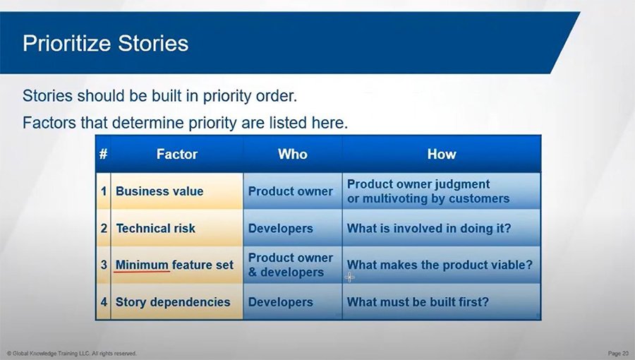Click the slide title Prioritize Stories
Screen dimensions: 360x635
click(x=106, y=44)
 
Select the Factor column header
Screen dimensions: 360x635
click(x=176, y=154)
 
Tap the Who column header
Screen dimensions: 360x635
click(x=292, y=154)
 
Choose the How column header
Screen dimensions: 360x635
click(x=442, y=154)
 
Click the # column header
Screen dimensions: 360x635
click(x=103, y=154)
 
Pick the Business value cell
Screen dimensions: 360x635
click(x=159, y=191)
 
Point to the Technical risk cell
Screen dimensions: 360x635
click(x=155, y=228)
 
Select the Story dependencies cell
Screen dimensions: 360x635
click(x=173, y=302)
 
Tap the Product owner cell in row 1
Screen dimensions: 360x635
click(x=290, y=191)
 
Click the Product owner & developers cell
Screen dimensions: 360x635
click(x=290, y=265)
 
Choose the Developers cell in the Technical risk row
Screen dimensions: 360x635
click(x=280, y=228)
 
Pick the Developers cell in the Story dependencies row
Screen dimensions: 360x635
click(x=280, y=302)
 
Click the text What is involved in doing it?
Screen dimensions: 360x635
click(x=429, y=228)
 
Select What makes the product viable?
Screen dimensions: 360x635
click(x=440, y=265)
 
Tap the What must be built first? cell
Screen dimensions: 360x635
click(x=418, y=302)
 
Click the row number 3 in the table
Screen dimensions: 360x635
click(x=103, y=265)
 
